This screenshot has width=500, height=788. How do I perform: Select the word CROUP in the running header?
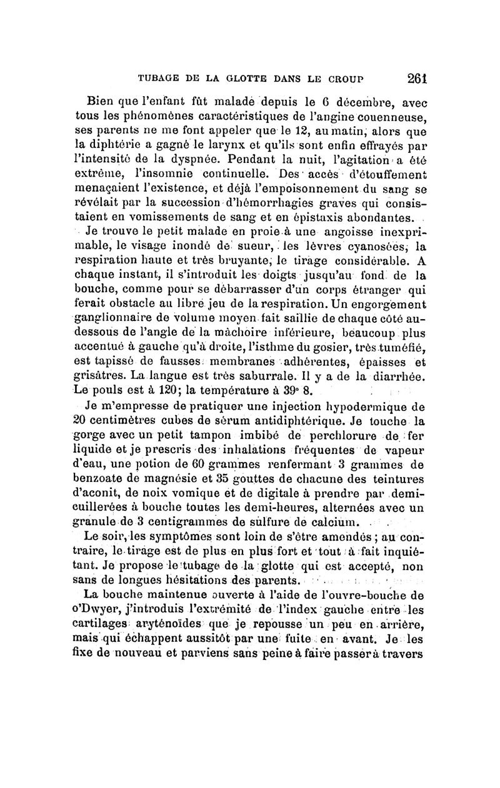354,79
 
